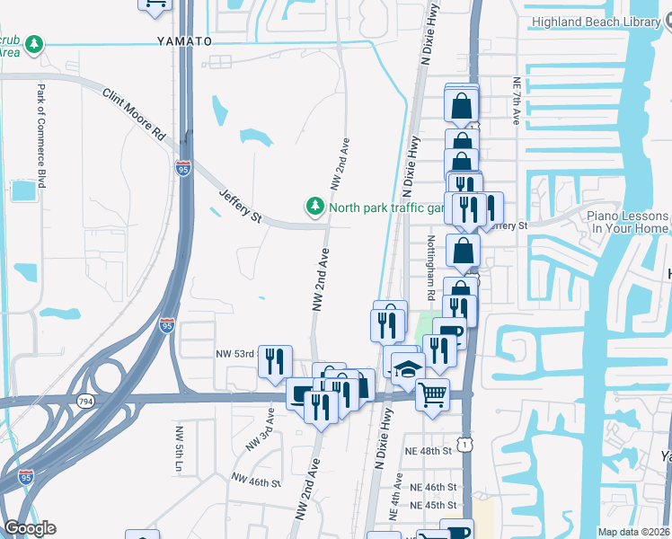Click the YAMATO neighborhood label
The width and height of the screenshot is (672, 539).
(183, 41)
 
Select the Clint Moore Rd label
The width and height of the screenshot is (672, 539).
(135, 112)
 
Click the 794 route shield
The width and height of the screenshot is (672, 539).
(86, 401)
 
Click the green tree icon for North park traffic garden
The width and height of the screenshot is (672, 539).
(314, 208)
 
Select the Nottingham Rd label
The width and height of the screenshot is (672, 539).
(431, 269)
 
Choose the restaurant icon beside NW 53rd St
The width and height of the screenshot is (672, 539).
(275, 361)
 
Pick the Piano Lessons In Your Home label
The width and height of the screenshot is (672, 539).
(628, 222)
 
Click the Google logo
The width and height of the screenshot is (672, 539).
(30, 528)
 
